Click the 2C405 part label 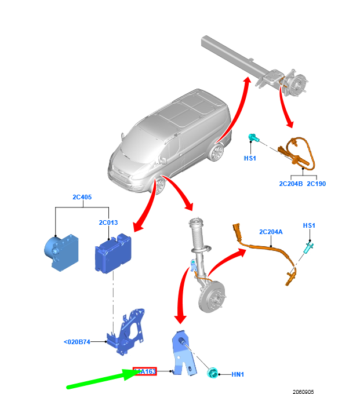coord(82,196)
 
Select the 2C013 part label coord(108,222)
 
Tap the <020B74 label coord(77,342)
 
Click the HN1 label coord(238,375)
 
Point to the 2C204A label coord(271,232)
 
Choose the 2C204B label coord(291,184)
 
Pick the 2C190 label coord(317,184)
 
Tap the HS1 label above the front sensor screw coord(309,225)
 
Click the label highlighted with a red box coord(145,371)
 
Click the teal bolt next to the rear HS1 coord(253,137)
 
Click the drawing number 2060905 coord(303,391)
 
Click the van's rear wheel coord(217,152)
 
